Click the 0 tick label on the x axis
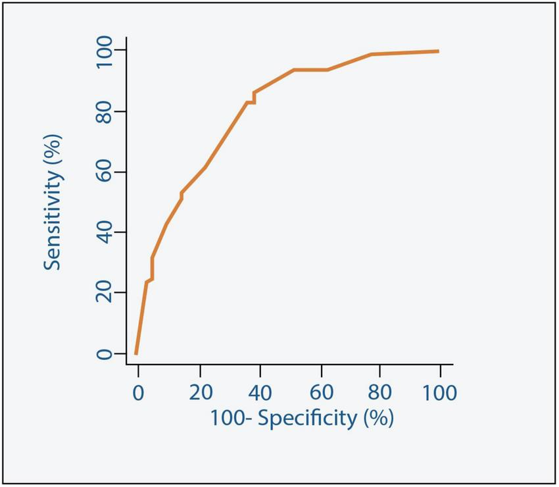(138, 393)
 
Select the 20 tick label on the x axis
(201, 393)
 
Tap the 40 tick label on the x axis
(261, 393)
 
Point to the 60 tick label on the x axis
(321, 393)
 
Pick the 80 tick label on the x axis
(379, 393)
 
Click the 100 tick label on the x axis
(439, 393)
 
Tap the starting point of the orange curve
(135, 354)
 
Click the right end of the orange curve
(438, 51)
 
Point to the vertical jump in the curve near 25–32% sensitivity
(152, 269)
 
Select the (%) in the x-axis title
(377, 418)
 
